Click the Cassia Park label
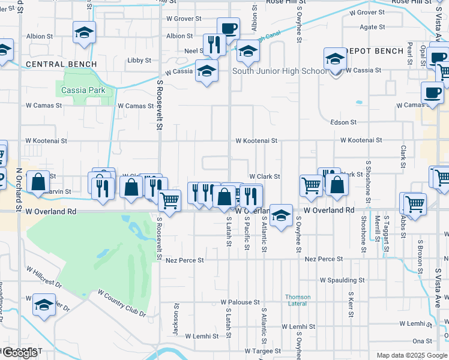[83, 91]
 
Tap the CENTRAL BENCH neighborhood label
[61, 64]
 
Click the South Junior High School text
[280, 71]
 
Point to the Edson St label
[343, 122]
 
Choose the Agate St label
[372, 27]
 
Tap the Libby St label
[139, 61]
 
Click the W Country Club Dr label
[122, 303]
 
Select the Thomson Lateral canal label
[298, 300]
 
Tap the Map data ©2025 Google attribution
[411, 355]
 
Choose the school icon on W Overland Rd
[281, 215]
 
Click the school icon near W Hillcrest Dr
[44, 305]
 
